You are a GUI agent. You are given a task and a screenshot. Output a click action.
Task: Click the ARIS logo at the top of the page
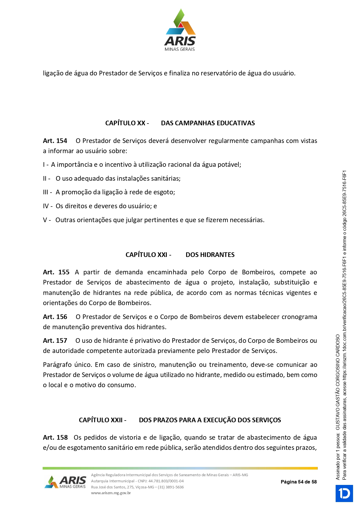pyautogui.click(x=180, y=30)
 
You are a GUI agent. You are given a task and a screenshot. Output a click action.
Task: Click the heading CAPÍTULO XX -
pyautogui.click(x=127, y=123)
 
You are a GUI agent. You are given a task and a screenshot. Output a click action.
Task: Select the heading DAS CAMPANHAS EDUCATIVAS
pyautogui.click(x=208, y=123)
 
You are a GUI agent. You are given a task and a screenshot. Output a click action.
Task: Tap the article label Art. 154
pyautogui.click(x=55, y=141)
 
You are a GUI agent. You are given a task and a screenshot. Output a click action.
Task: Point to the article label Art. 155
pyautogui.click(x=56, y=272)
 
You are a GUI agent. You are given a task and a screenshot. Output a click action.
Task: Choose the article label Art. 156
pyautogui.click(x=55, y=317)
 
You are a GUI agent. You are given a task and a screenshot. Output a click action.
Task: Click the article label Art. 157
pyautogui.click(x=55, y=340)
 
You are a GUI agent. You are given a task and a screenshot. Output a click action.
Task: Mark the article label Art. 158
pyautogui.click(x=55, y=437)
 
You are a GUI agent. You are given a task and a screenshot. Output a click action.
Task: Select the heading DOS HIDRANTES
pyautogui.click(x=210, y=255)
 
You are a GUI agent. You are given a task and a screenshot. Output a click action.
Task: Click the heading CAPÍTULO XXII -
pyautogui.click(x=102, y=420)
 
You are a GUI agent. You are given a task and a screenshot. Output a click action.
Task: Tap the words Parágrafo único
pyautogui.click(x=67, y=365)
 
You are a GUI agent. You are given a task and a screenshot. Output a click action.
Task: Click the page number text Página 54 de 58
pyautogui.click(x=299, y=482)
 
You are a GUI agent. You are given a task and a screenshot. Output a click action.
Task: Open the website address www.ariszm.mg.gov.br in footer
pyautogui.click(x=111, y=493)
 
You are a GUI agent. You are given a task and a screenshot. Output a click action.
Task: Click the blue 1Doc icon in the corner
pyautogui.click(x=344, y=493)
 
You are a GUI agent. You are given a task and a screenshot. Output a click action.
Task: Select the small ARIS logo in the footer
pyautogui.click(x=65, y=482)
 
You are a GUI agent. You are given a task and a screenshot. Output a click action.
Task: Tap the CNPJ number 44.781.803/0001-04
pyautogui.click(x=166, y=481)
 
